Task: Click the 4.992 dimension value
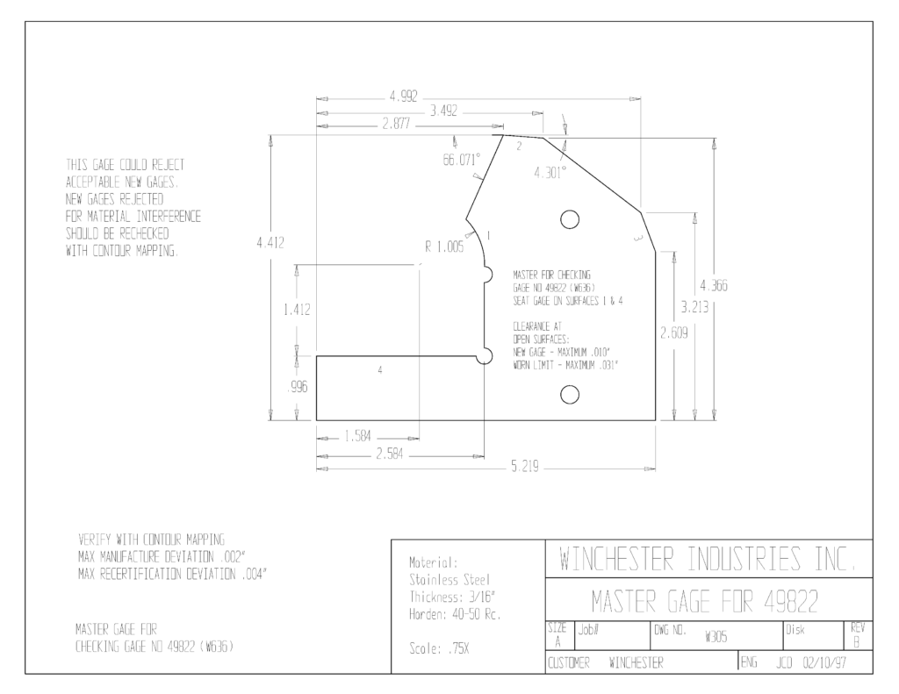tap(404, 97)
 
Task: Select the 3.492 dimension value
tap(443, 111)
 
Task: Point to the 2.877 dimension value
tap(396, 124)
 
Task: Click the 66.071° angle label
tap(462, 160)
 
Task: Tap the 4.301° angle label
tap(550, 172)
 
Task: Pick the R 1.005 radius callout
tap(444, 247)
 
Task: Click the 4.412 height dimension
tap(270, 242)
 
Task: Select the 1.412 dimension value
tap(297, 310)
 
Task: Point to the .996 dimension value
tap(297, 388)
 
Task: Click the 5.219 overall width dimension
tap(525, 467)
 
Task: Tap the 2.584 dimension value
tap(389, 454)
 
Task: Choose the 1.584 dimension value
tap(358, 437)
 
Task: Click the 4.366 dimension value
tap(714, 285)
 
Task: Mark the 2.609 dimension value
tap(673, 333)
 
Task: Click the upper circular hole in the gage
tap(569, 219)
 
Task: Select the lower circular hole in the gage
tap(569, 394)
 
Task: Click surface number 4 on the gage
tap(380, 370)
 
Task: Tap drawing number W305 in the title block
tap(716, 637)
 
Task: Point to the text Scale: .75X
tap(439, 648)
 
